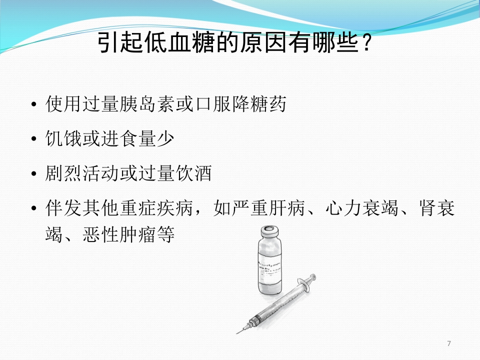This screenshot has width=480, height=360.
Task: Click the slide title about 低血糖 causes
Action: point(235,44)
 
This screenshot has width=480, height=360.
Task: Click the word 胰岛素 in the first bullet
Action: point(144,104)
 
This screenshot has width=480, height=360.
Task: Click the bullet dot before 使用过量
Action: point(33,105)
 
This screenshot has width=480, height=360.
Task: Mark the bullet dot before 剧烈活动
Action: point(33,174)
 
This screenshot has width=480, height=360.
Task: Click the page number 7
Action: point(449,343)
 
